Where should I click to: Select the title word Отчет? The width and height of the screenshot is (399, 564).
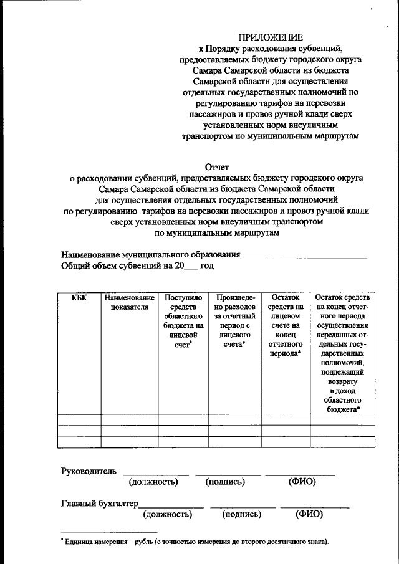click(x=218, y=167)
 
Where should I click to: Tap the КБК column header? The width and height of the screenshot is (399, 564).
click(x=79, y=298)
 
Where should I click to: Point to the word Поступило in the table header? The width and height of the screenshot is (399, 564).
click(x=182, y=298)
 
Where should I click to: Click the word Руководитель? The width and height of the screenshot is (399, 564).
click(x=89, y=469)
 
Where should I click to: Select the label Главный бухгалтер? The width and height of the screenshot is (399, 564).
click(x=99, y=503)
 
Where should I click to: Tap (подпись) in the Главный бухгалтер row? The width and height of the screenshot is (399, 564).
click(x=241, y=515)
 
